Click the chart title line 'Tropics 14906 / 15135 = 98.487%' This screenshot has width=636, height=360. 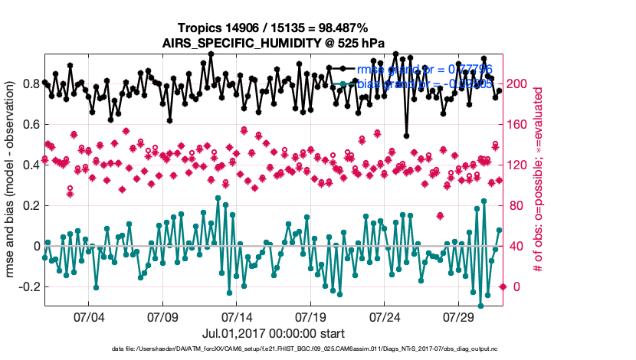tap(274, 28)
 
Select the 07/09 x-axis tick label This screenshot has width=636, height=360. tap(162, 317)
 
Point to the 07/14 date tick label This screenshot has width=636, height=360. tap(237, 317)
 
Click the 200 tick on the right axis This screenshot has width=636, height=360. tap(517, 83)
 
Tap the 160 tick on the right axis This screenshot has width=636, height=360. tap(517, 124)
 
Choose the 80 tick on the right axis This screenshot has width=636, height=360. tap(514, 205)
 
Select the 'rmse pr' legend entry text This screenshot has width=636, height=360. tap(425, 70)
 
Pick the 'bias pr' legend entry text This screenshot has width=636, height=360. tap(425, 84)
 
